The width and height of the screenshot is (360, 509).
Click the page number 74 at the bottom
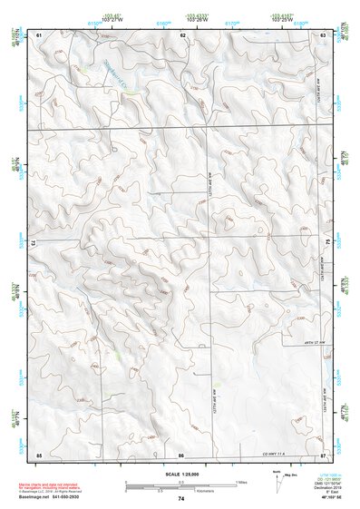[180, 498]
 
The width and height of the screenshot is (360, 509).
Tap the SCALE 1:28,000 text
[180, 474]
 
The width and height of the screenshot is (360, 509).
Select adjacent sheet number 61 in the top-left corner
[39, 34]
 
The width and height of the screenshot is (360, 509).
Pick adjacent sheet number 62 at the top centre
[182, 34]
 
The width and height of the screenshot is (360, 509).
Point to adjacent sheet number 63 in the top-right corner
[324, 34]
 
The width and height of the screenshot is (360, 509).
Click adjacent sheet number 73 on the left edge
[34, 243]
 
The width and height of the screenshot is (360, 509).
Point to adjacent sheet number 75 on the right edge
[328, 243]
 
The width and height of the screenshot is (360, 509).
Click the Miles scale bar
[180, 482]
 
